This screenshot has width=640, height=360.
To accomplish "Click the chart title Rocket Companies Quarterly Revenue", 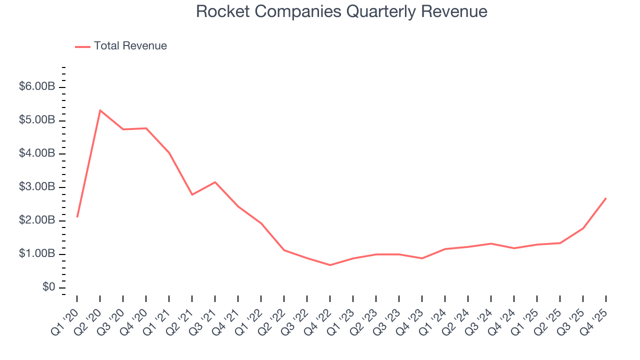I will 341,11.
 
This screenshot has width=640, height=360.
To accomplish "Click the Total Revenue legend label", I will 130,46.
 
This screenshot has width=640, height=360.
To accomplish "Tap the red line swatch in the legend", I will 82,46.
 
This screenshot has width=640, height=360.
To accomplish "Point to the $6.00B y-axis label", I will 37,86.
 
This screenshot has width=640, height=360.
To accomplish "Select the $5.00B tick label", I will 37,120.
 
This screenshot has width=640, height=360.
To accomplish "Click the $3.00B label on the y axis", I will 37,187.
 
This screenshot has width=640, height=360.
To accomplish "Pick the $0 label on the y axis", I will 48,287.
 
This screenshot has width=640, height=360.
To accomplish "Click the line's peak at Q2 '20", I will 100,110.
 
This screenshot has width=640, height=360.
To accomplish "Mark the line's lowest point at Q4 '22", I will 330,265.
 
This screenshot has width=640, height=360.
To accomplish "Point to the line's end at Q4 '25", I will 606,198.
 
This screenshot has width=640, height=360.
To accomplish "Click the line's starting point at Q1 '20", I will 77,216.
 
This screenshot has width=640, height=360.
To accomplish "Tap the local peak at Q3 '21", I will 215,182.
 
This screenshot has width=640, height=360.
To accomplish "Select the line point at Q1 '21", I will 169,152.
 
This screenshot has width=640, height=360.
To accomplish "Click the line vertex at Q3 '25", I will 583,228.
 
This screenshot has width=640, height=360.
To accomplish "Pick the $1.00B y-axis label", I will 37,254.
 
